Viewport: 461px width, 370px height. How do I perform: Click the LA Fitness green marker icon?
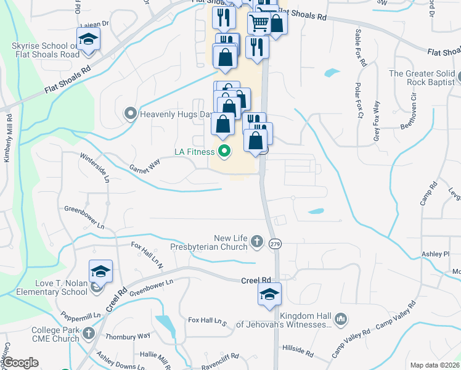pyautogui.click(x=224, y=151)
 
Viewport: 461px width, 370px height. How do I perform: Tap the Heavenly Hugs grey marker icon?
pyautogui.click(x=130, y=113)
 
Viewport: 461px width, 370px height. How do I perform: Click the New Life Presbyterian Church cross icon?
pyautogui.click(x=256, y=241)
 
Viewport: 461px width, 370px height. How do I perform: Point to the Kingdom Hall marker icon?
pyautogui.click(x=341, y=319)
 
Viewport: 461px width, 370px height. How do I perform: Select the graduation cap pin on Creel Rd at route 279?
pyautogui.click(x=269, y=294)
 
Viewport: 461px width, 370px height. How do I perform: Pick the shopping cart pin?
pyautogui.click(x=259, y=23)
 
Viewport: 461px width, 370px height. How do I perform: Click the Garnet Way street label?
pyautogui.click(x=145, y=165)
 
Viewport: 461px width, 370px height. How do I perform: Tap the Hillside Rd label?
pyautogui.click(x=298, y=351)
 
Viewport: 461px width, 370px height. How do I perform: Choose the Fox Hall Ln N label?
pyautogui.click(x=147, y=255)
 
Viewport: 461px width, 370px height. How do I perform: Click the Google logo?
pyautogui.click(x=21, y=363)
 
